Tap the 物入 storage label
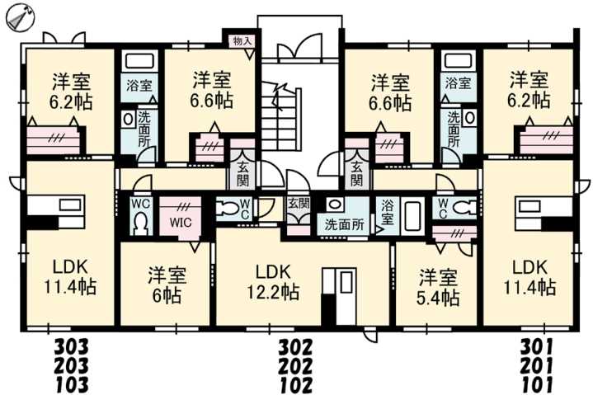(241, 40)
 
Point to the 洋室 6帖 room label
(166, 283)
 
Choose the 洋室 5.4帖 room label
(437, 286)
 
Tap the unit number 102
(294, 383)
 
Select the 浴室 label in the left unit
(139, 86)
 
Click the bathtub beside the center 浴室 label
(413, 215)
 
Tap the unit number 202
(294, 364)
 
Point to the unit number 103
(71, 383)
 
